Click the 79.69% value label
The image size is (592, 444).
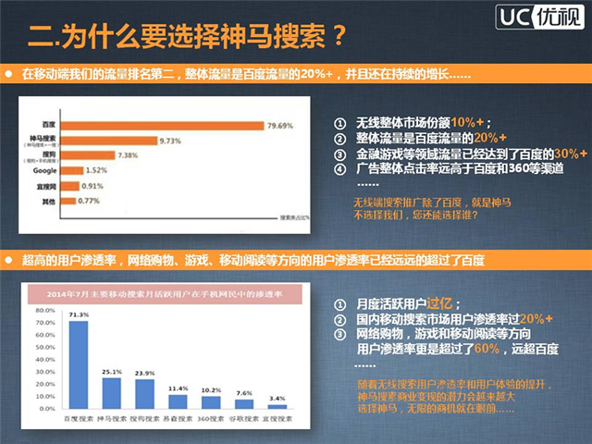click(x=281, y=123)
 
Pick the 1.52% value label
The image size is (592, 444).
click(x=97, y=170)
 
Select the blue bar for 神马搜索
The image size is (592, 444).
click(x=112, y=393)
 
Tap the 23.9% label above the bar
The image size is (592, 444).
click(x=145, y=374)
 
